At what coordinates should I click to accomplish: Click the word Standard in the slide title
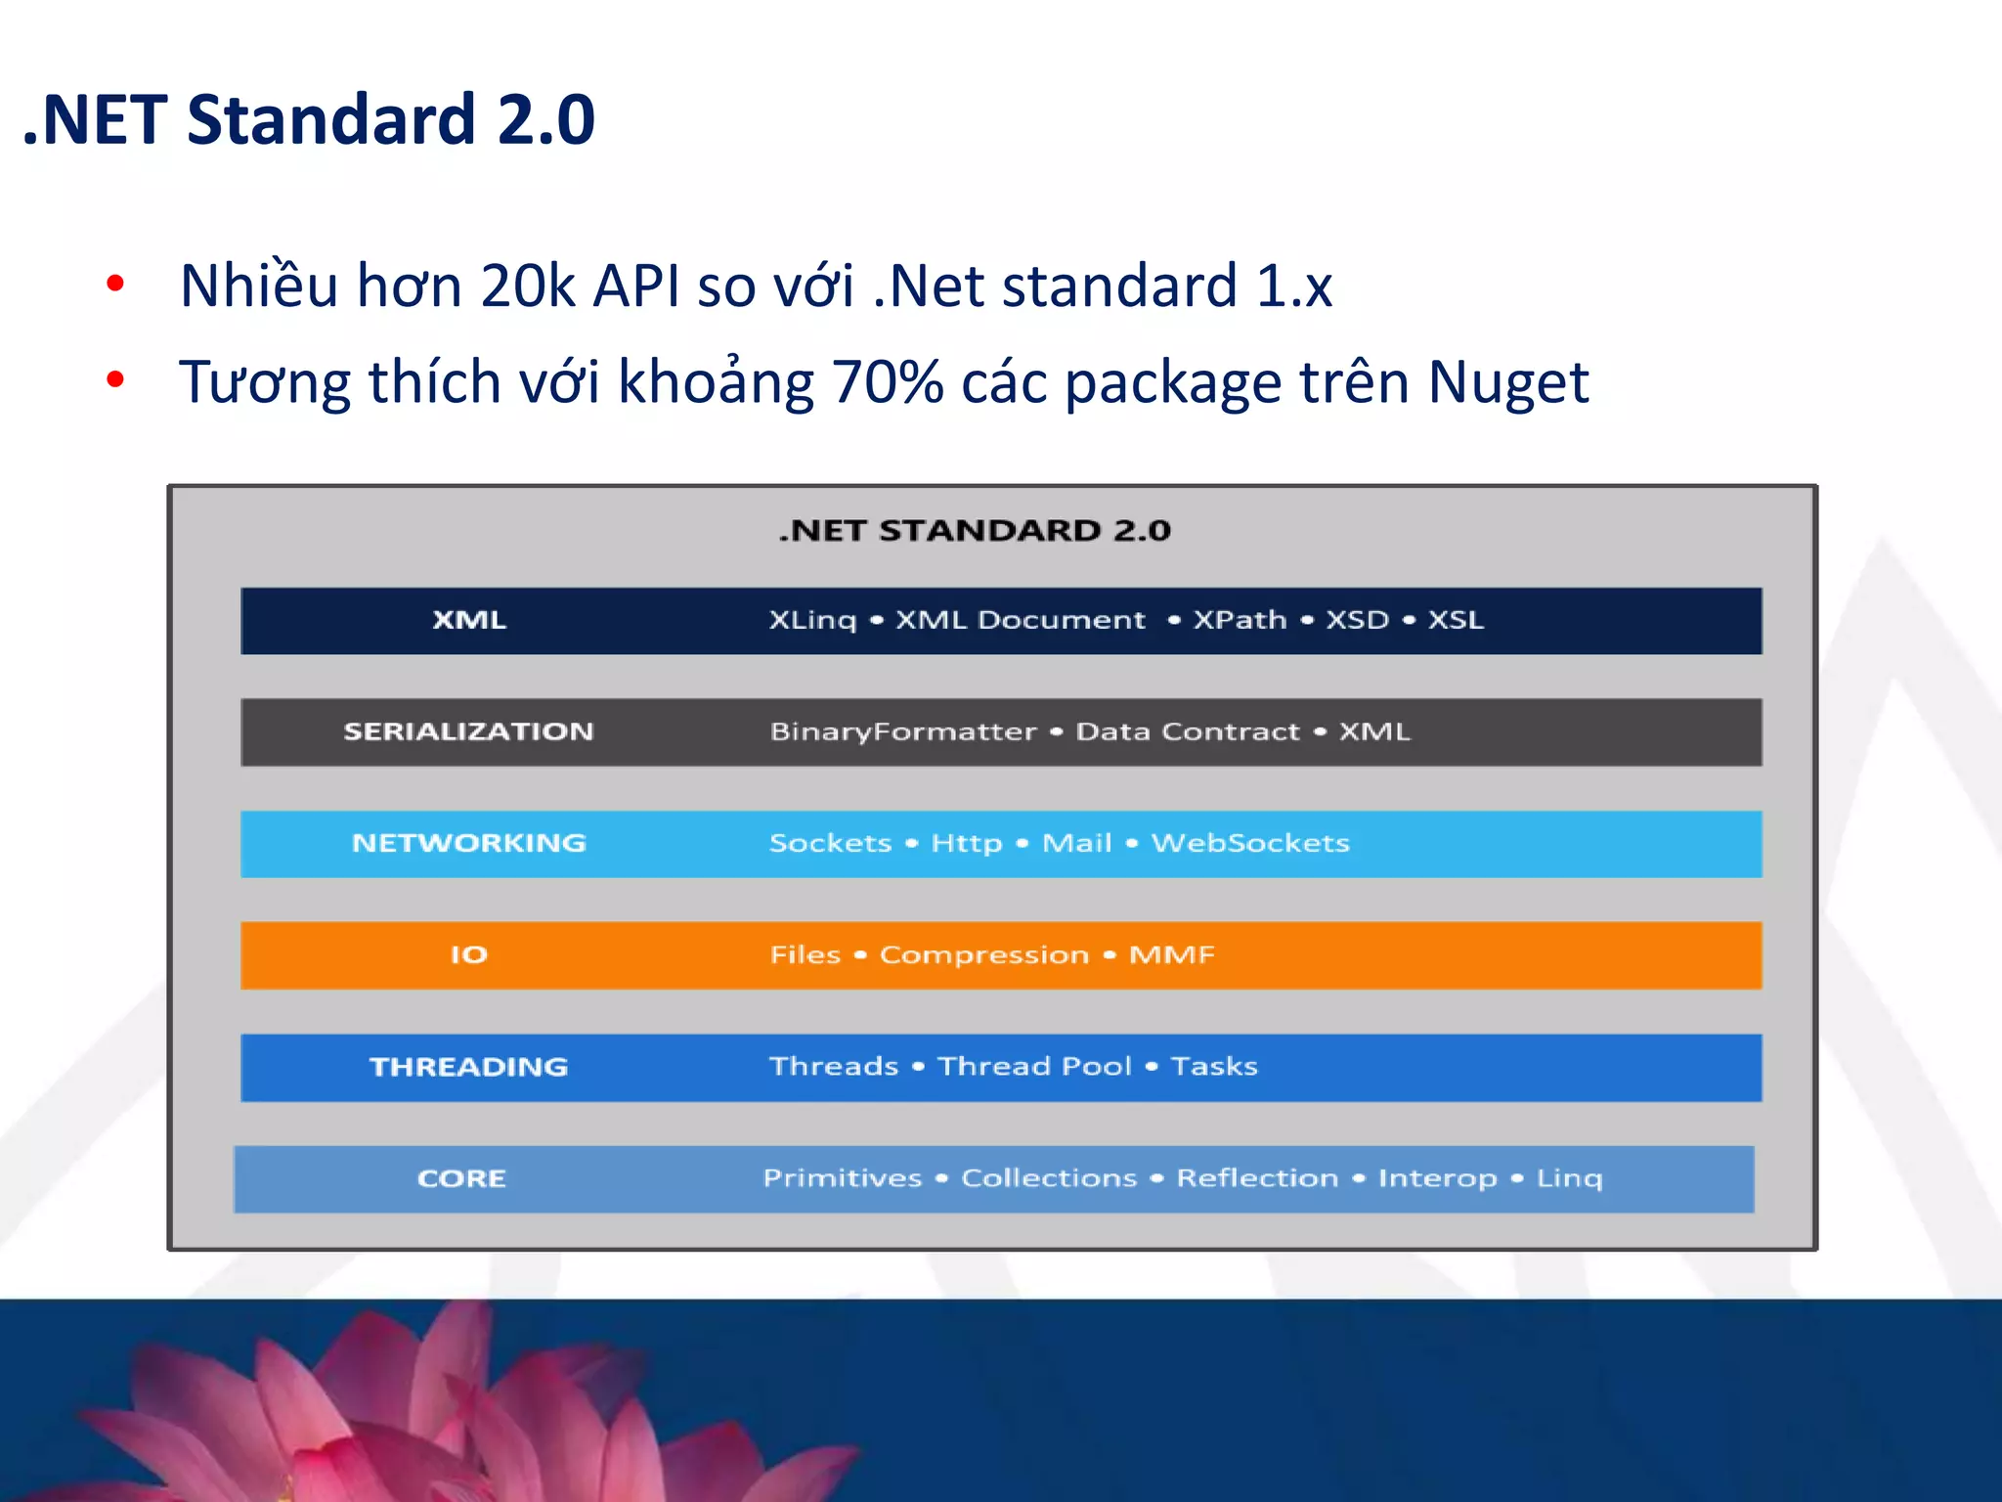pos(330,119)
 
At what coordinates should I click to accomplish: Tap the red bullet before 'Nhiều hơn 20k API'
pos(115,285)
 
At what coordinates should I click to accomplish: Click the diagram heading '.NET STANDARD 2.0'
pos(975,530)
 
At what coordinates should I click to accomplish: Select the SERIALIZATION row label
pos(468,731)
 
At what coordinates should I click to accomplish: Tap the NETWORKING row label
pos(469,843)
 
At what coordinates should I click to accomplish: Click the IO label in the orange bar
pos(468,954)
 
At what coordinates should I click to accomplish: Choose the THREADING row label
pos(468,1067)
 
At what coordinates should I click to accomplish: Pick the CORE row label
pos(461,1178)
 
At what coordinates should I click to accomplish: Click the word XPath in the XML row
pos(1240,620)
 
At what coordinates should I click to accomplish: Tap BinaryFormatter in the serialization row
pos(903,731)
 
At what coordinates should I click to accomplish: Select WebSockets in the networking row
pos(1250,843)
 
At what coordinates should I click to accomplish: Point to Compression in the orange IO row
pos(984,954)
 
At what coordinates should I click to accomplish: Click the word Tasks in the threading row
pos(1214,1066)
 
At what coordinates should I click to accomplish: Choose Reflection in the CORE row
pos(1257,1178)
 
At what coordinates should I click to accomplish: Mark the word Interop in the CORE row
pos(1437,1178)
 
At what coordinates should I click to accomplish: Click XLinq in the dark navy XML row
pos(812,620)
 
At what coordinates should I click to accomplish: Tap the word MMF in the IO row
pos(1172,954)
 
